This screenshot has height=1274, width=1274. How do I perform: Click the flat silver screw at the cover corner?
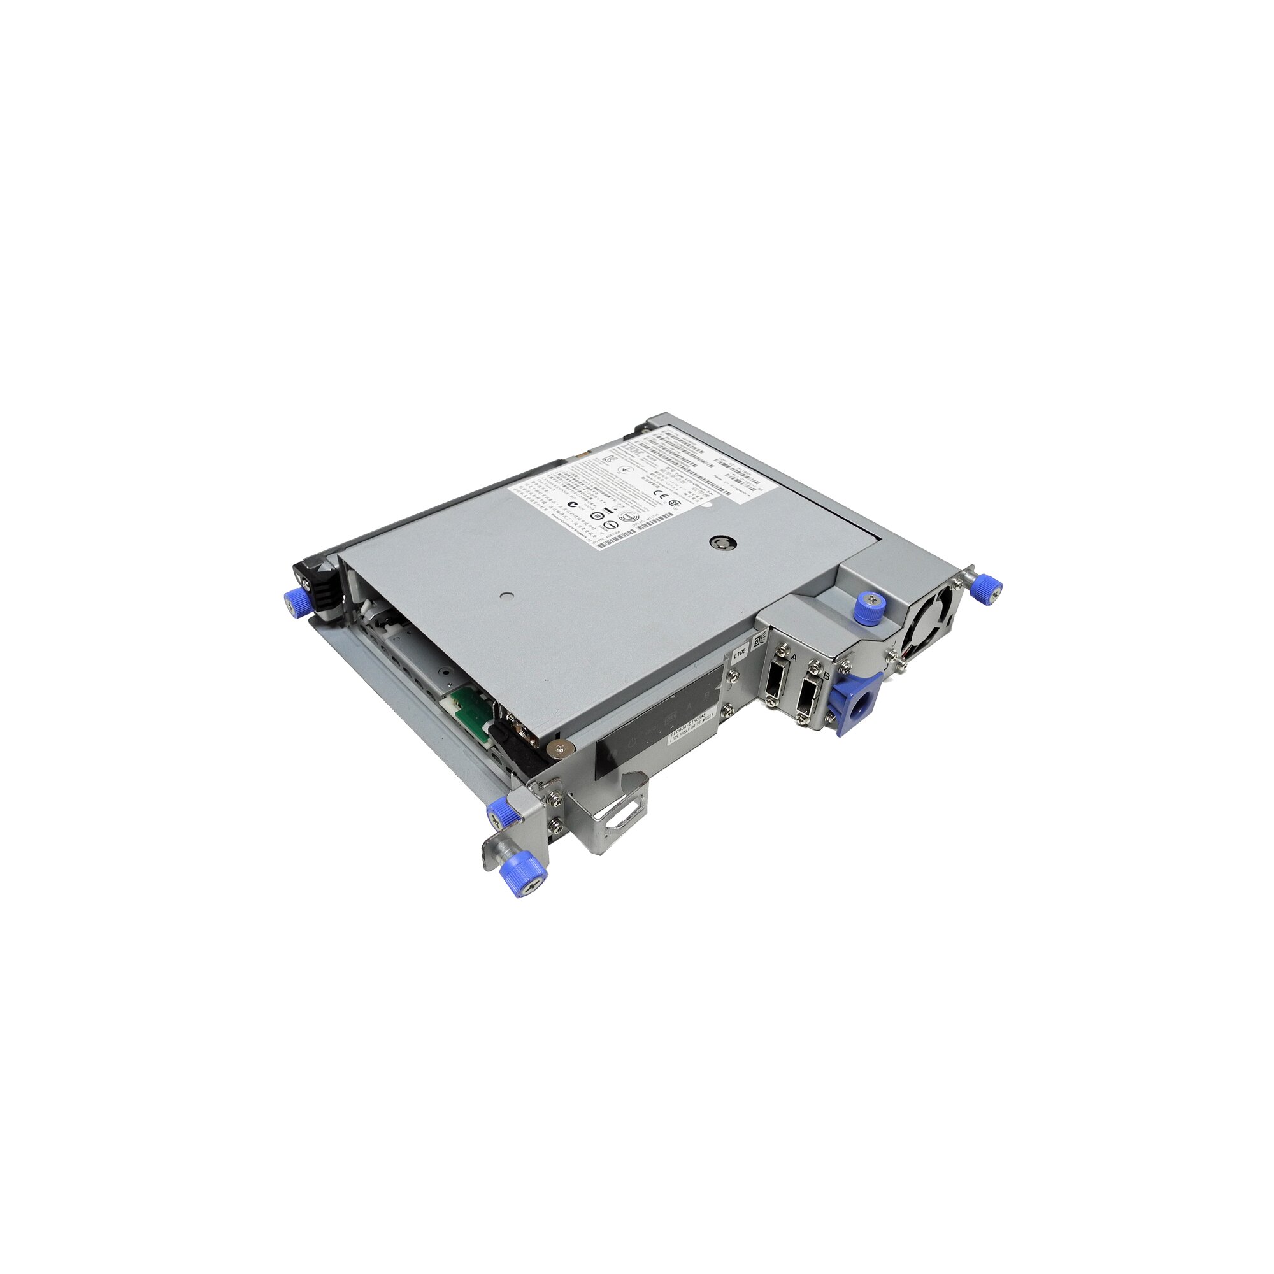coord(562,747)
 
